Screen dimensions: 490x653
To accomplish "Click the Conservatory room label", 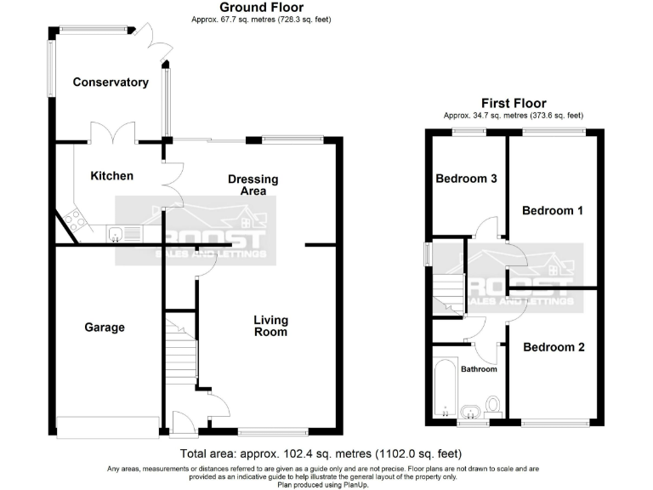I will (x=111, y=83).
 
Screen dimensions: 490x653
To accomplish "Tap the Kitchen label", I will (x=112, y=176).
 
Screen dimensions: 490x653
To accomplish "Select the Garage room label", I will (x=105, y=327).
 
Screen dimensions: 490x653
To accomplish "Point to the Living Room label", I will (x=270, y=326).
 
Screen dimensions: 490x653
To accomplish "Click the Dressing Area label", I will (x=253, y=185).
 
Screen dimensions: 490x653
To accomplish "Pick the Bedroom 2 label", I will (x=554, y=347).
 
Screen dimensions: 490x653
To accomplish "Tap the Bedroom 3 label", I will (x=466, y=179).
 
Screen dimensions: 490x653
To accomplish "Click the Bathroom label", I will (x=479, y=369).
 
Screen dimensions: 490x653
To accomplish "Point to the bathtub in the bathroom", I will (x=445, y=388).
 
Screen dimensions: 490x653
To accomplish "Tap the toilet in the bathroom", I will (x=491, y=404).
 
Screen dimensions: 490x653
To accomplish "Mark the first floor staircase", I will (x=448, y=294).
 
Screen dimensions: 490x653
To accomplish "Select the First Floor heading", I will (x=513, y=103).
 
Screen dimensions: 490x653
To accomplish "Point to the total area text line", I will (x=321, y=453).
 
